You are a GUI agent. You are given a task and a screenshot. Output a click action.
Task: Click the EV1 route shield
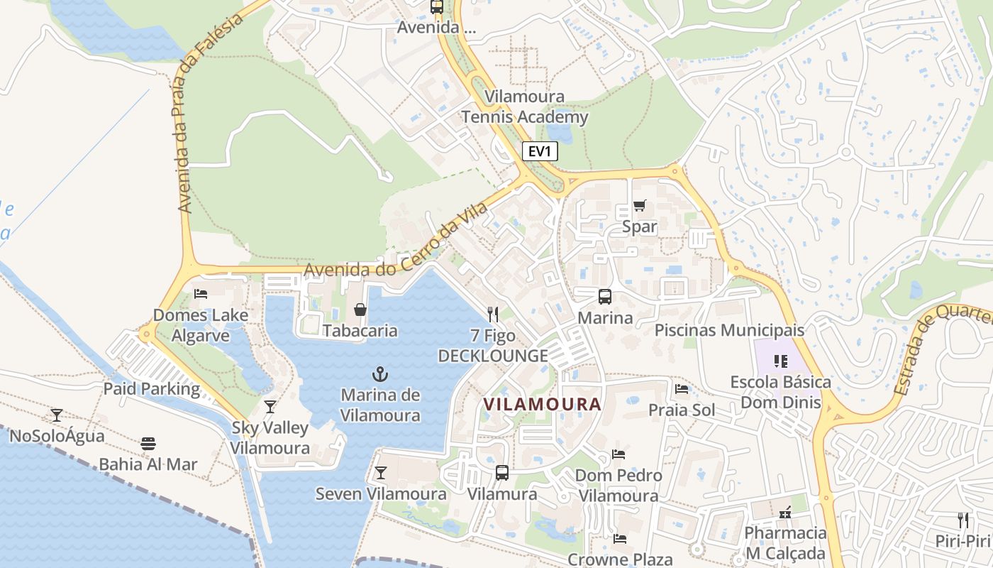point(540,151)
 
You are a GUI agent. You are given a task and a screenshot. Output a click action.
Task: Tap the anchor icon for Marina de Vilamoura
point(380,373)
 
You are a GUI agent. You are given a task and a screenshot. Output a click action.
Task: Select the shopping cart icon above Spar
point(639,206)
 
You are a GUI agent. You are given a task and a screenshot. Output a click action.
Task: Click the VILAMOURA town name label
point(542,404)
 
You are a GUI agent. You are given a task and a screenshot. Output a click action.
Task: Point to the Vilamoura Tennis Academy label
point(525,106)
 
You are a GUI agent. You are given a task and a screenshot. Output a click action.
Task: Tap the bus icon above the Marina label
point(604,297)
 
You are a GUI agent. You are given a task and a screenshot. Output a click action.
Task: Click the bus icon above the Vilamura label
point(502,472)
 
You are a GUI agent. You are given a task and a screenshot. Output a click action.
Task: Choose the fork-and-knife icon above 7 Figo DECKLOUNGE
point(493,314)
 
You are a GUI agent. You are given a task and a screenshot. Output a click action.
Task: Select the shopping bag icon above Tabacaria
point(360,310)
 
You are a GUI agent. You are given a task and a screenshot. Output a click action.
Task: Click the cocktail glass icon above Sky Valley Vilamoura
point(270,407)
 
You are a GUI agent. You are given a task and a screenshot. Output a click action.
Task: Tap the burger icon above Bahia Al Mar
point(148,444)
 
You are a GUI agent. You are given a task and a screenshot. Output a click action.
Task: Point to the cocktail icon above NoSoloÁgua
point(57,415)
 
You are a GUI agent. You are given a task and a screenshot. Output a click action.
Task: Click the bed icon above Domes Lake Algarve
point(201,293)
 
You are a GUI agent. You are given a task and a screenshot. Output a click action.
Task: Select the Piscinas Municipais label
point(729,330)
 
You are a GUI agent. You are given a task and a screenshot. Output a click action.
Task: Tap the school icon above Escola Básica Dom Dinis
point(781,361)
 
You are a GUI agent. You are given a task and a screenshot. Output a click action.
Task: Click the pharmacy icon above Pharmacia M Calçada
point(785,512)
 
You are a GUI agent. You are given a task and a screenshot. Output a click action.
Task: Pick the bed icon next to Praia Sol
point(682,389)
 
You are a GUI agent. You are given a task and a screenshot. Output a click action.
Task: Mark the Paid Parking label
point(152,389)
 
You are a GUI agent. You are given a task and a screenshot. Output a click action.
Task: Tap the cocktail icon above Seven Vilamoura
point(381,472)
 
